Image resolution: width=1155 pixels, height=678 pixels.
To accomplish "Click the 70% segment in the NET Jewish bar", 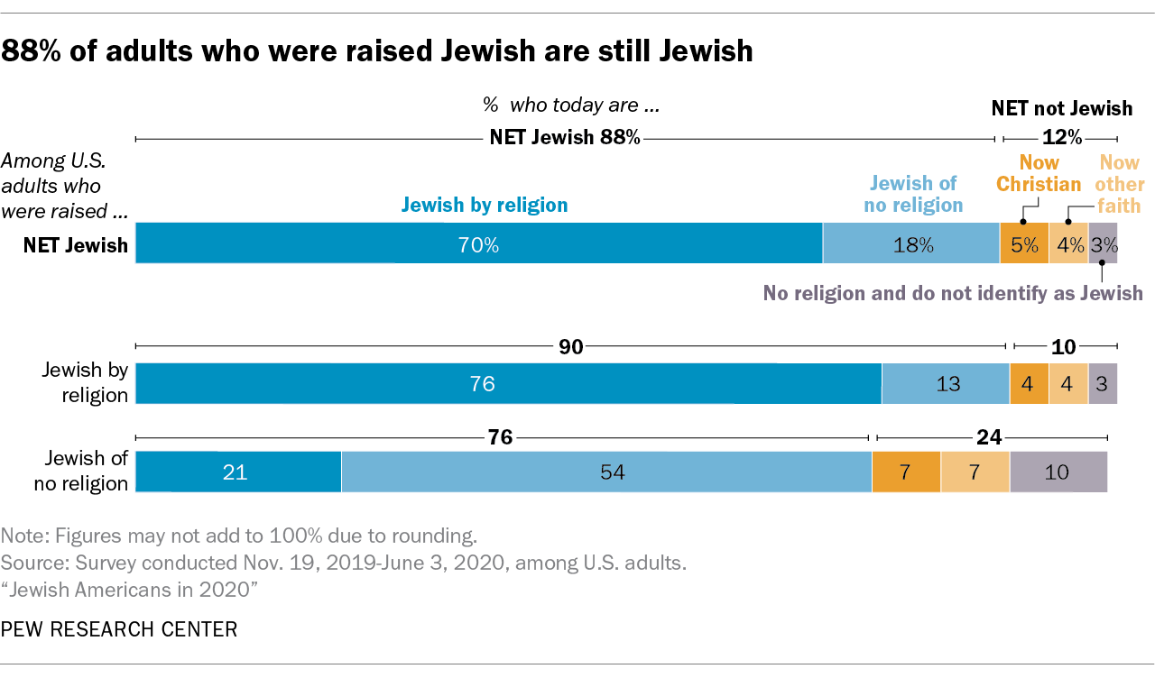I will point(478,244).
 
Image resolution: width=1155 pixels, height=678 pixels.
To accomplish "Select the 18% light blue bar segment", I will point(911,244).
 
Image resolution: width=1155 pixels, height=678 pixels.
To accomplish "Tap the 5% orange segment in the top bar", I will point(1024,244).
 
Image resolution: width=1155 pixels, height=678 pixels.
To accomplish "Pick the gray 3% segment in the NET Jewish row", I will point(1104,244).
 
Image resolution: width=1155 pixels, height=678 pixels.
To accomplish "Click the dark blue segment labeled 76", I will point(508,383).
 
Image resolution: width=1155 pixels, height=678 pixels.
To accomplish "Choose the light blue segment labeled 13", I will point(945,383).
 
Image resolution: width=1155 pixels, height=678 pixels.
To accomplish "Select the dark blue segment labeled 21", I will point(238,472).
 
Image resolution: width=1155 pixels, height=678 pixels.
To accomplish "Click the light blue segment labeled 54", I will point(606,472).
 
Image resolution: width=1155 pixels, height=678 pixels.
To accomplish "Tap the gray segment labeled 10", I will point(1058,472).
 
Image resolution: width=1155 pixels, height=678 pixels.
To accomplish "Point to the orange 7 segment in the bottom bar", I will point(906,472).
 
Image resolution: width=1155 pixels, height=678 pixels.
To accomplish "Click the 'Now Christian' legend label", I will point(1038,173).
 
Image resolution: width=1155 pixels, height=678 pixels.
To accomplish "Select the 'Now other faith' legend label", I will point(1119,184).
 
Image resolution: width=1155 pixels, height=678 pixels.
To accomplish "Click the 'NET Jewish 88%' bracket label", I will point(564,137).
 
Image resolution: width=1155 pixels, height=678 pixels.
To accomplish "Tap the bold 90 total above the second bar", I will point(570,348).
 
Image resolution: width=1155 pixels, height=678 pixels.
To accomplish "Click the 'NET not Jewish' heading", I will point(1061,109).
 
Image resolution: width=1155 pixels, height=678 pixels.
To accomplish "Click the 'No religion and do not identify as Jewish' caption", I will point(953,293).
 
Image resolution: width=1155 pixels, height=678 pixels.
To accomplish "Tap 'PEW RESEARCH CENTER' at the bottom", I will point(119,628).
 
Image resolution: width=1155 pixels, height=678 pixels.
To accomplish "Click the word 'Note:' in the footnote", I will point(24,536).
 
